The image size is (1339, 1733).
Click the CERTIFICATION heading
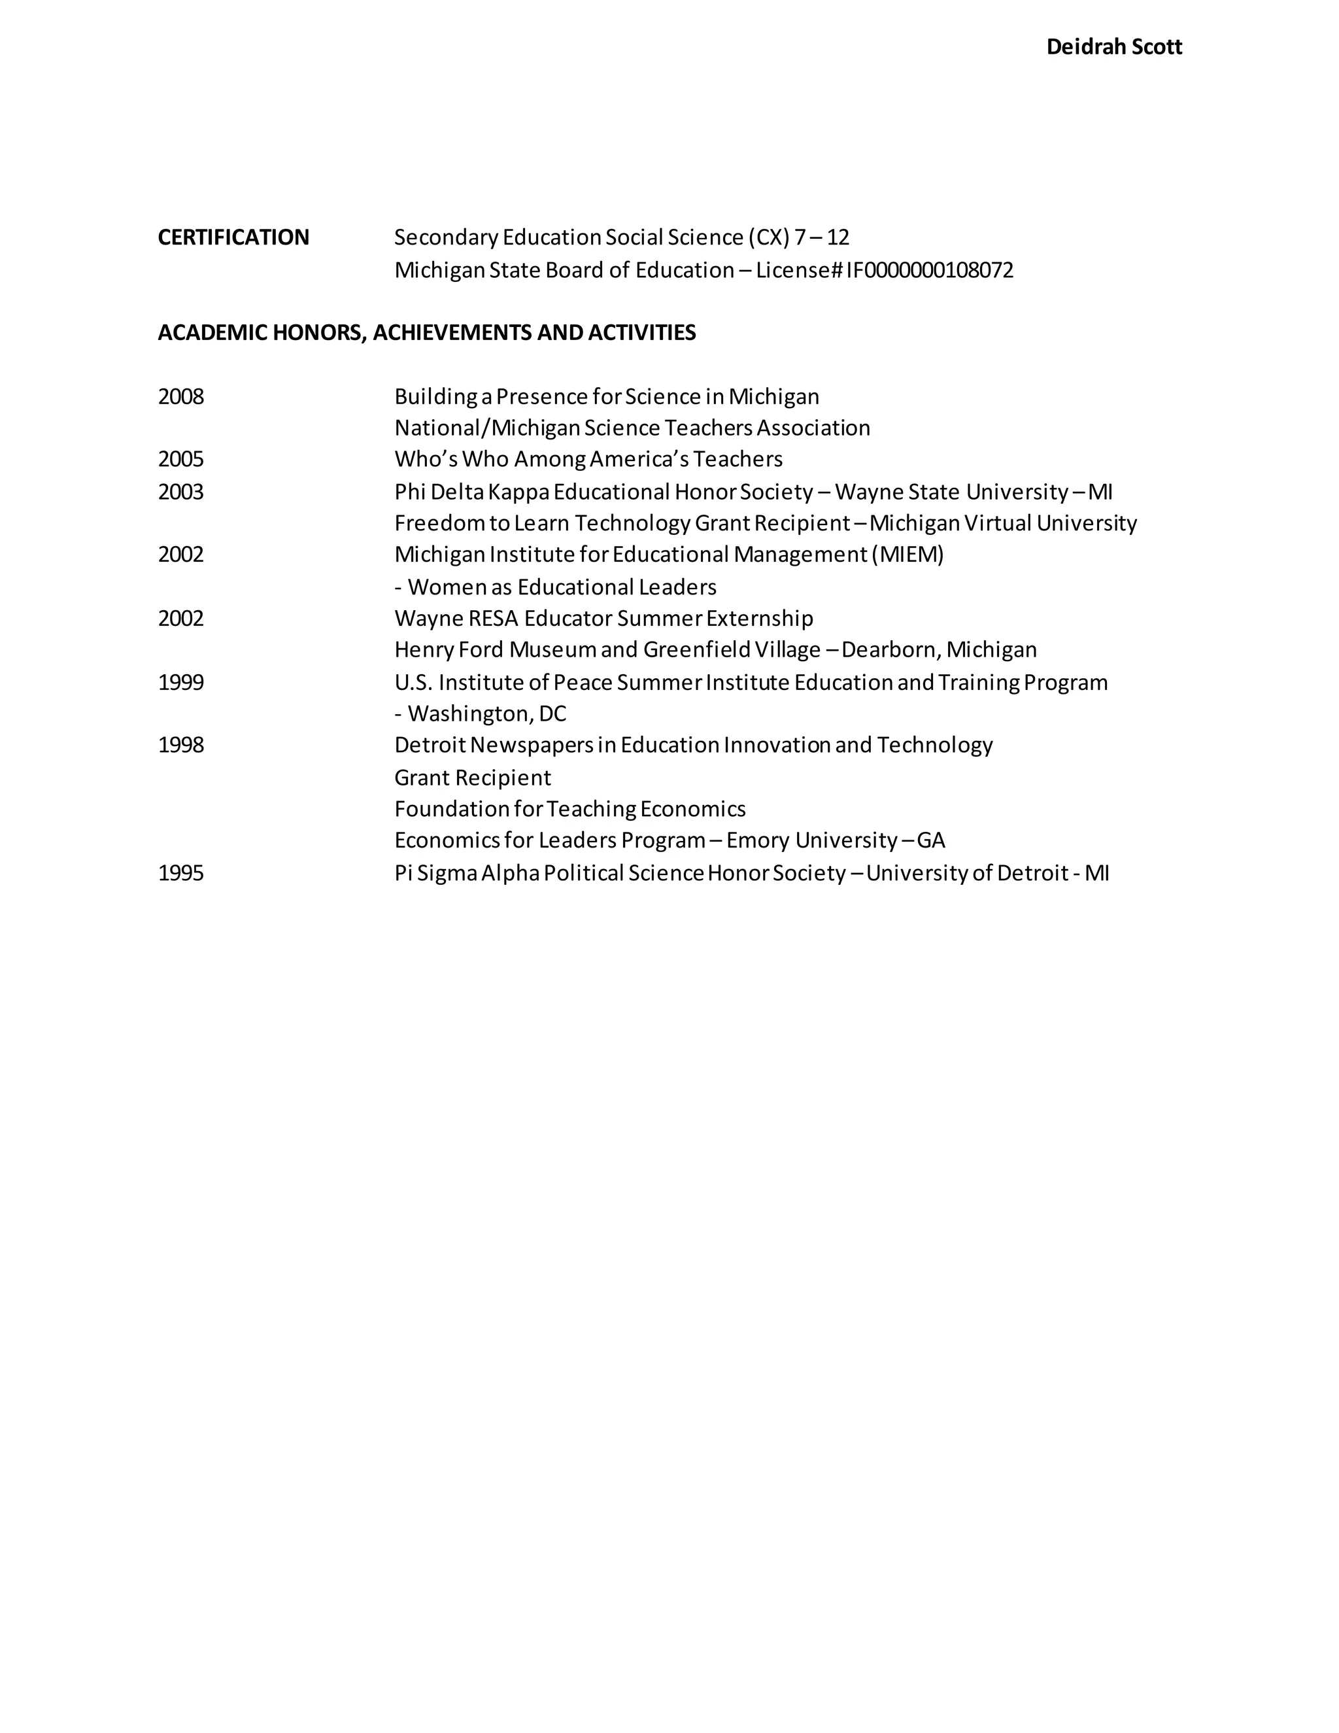click(x=233, y=237)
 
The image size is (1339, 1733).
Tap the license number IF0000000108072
click(x=930, y=271)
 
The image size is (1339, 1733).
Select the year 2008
click(x=181, y=397)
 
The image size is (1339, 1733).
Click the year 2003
click(x=181, y=492)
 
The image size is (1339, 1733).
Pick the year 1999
click(x=181, y=682)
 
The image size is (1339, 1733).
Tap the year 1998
click(x=181, y=745)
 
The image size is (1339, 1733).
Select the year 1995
click(x=181, y=874)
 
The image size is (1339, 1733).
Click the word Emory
click(x=758, y=840)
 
